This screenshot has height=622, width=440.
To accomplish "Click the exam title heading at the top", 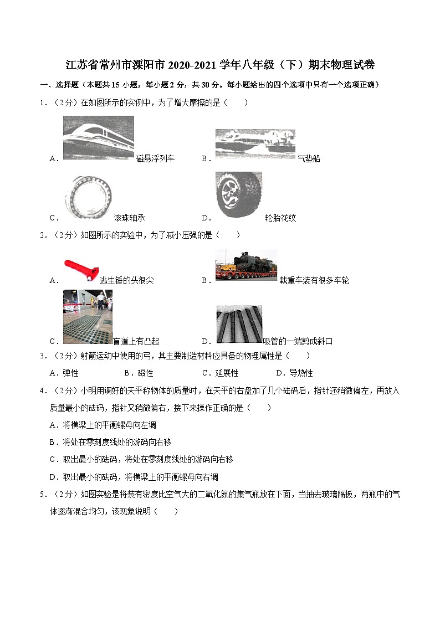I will point(220,65).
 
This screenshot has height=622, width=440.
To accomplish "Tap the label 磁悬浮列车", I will point(155,159).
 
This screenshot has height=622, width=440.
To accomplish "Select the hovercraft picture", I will point(255,145).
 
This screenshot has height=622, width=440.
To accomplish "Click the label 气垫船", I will point(309,159).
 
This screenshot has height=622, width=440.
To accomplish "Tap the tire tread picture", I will point(239,194).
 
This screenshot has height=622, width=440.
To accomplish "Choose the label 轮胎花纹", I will point(280,218).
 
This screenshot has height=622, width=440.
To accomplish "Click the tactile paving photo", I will point(88,316).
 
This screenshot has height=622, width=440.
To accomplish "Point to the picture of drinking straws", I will point(239,325).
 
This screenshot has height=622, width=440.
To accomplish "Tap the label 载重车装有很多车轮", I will point(314,281).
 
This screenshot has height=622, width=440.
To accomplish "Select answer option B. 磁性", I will point(139,373).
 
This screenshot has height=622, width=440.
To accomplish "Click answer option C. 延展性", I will point(220,373).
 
